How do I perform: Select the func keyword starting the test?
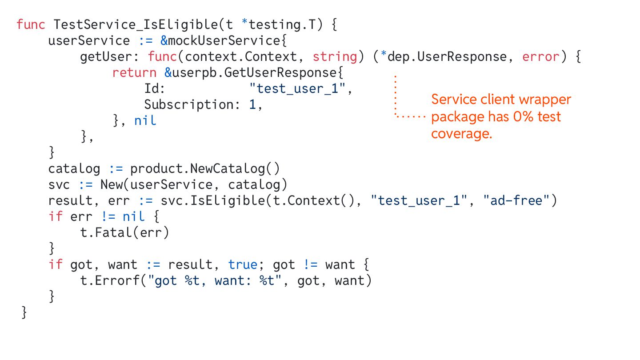click(x=31, y=24)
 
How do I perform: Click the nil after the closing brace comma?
click(x=145, y=120)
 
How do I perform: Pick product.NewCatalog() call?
click(x=205, y=169)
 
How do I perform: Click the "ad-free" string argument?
click(x=516, y=200)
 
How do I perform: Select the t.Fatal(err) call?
click(x=125, y=232)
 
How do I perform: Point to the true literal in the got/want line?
click(x=243, y=264)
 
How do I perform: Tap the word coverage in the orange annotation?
click(x=461, y=134)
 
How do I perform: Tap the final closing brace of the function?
click(x=24, y=312)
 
